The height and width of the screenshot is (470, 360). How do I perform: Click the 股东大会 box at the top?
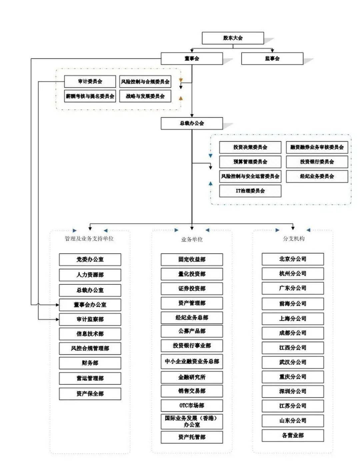[233, 38]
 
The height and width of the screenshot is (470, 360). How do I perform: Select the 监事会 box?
[272, 59]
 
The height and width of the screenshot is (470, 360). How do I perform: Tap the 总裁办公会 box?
[192, 123]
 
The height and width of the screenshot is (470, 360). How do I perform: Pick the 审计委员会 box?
[90, 81]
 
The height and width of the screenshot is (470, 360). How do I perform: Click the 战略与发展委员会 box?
[145, 96]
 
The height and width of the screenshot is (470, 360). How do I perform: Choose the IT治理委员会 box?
[250, 191]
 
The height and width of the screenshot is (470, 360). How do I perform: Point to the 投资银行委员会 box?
[317, 162]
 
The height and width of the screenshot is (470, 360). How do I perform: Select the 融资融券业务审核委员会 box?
[317, 147]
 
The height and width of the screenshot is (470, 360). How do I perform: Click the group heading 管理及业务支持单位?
[89, 238]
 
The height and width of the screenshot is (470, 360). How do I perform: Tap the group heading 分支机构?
[293, 238]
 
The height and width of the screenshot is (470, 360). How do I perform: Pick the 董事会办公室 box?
[90, 305]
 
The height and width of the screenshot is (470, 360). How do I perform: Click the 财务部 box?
[90, 363]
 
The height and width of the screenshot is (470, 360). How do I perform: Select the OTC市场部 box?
[192, 405]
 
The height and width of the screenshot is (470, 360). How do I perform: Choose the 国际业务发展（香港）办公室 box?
[192, 421]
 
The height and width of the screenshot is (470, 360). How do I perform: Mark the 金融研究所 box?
[192, 377]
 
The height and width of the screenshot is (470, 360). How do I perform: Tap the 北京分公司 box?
[293, 259]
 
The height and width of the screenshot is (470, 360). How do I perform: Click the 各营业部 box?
[293, 435]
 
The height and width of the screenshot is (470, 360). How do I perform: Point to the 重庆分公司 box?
[293, 377]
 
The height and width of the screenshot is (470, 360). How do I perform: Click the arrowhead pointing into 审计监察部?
[57, 319]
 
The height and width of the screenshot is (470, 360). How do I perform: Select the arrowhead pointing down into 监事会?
[272, 51]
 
